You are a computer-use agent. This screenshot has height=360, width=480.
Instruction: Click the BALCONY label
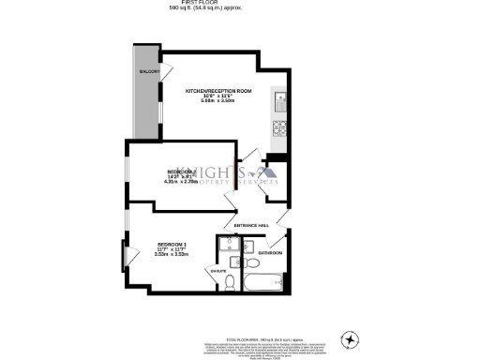148,71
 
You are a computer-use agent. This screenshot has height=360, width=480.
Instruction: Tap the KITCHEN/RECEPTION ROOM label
218,91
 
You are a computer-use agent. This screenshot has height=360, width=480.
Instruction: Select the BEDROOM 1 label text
172,243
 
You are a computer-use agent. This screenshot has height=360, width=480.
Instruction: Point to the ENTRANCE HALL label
251,225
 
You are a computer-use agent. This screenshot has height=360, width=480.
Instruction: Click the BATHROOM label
270,253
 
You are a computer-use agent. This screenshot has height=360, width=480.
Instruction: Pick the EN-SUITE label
217,271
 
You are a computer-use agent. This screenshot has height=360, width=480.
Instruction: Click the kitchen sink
279,98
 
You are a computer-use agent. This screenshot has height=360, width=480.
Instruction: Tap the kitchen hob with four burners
279,128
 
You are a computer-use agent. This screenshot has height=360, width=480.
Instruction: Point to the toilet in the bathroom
248,246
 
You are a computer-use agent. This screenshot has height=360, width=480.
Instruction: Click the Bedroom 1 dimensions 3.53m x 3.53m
172,254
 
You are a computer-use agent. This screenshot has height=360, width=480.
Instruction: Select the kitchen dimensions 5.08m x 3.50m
218,102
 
